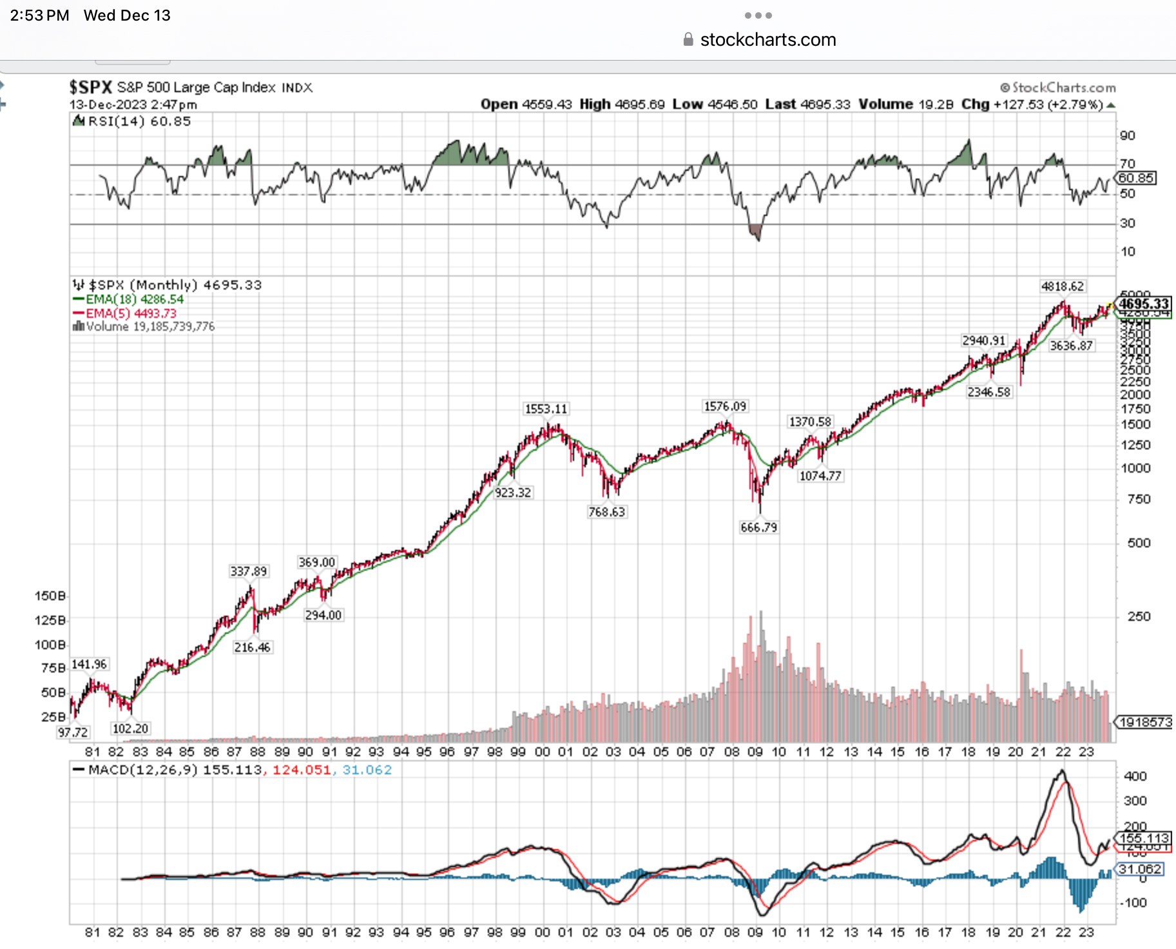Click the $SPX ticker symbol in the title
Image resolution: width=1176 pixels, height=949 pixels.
click(x=91, y=87)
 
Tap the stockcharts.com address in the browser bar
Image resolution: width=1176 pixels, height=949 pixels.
click(x=767, y=40)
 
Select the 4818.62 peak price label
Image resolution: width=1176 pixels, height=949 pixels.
click(x=1062, y=286)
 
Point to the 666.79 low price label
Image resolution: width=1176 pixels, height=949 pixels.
click(x=758, y=527)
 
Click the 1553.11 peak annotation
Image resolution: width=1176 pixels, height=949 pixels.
click(x=546, y=409)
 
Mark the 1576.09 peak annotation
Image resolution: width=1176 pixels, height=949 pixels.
click(x=725, y=406)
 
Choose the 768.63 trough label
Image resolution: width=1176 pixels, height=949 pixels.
click(x=606, y=512)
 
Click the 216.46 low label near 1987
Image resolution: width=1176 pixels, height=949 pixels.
click(x=252, y=647)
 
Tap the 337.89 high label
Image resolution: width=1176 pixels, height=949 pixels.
click(x=248, y=571)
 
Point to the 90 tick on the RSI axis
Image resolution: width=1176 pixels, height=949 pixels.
click(x=1127, y=135)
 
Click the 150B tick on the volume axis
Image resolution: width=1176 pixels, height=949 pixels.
click(x=50, y=596)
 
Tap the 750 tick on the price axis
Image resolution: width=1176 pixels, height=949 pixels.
click(x=1138, y=499)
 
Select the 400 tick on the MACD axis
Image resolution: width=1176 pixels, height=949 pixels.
click(x=1135, y=776)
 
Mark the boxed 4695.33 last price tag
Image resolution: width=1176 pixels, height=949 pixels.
click(x=1144, y=304)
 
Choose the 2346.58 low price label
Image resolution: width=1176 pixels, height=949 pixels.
click(x=988, y=392)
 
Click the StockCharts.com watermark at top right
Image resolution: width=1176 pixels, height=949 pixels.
click(x=1057, y=88)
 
